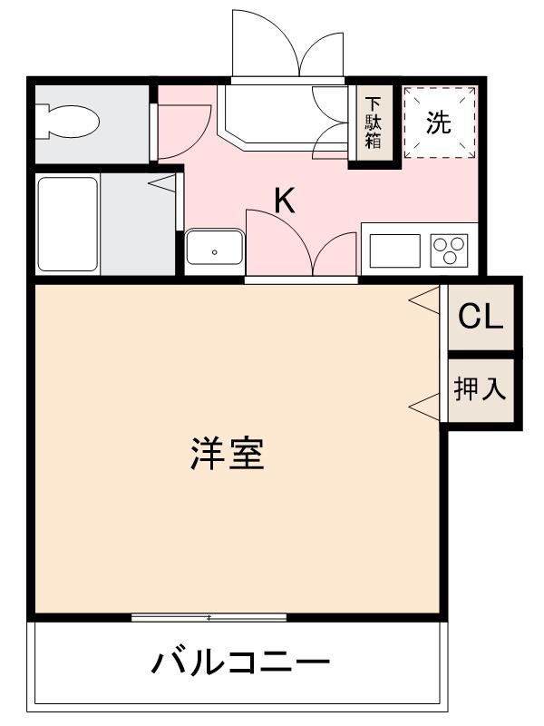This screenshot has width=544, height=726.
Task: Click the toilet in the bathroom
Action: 68,122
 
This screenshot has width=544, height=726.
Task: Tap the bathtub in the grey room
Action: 67,222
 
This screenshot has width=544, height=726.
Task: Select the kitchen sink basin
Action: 214,246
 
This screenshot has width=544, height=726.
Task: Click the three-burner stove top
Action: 449,248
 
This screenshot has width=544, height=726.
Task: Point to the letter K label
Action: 285,201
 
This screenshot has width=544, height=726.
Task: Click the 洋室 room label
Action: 228,454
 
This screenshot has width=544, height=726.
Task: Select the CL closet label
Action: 480,317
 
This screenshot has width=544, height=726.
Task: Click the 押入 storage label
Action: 480,389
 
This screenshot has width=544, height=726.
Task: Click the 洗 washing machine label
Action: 439,123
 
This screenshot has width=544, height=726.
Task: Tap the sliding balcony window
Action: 209,618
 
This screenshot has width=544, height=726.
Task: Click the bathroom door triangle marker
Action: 162,184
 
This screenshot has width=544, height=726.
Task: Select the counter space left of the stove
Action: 394,249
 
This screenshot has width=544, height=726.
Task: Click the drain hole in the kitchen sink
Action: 214,251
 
